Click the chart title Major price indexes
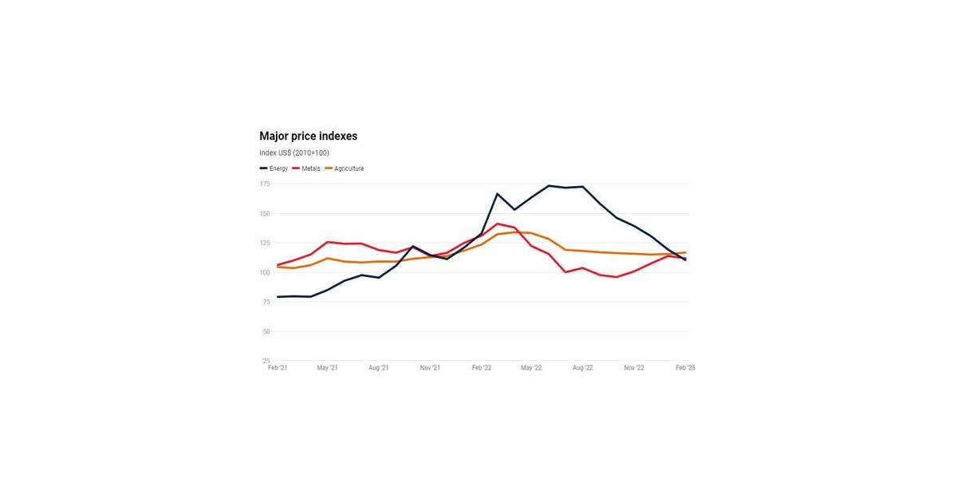(x=308, y=137)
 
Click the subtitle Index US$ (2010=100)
(x=293, y=153)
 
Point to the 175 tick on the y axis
(x=265, y=184)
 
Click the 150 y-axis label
(x=265, y=213)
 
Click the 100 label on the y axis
(x=265, y=272)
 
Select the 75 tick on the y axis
(x=266, y=302)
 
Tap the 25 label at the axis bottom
(x=266, y=361)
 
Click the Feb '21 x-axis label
(x=278, y=368)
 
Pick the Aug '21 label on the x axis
(x=379, y=368)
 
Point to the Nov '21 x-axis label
(x=430, y=368)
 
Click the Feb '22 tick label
(x=481, y=368)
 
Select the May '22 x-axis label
(x=531, y=368)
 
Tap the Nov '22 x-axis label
(x=634, y=368)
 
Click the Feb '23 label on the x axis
(x=685, y=368)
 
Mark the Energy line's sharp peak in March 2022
(x=498, y=194)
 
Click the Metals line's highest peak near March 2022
(x=498, y=224)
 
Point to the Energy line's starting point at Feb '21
(x=278, y=297)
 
